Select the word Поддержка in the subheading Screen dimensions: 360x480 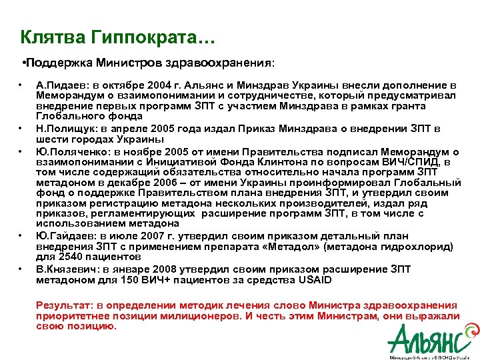pos(58,63)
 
